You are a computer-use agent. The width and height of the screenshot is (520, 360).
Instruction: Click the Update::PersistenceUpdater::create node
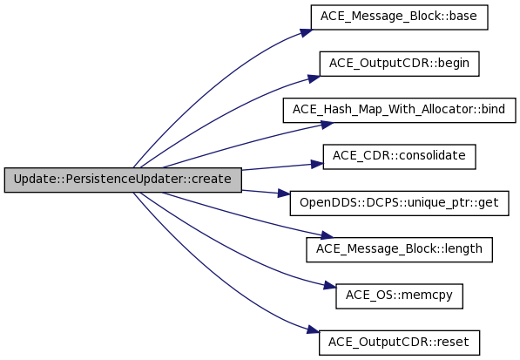123,180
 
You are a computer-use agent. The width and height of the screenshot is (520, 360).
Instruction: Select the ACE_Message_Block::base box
399,17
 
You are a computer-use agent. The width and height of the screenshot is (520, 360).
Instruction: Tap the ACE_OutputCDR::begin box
399,64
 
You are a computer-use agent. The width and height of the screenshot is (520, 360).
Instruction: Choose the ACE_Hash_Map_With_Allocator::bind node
399,110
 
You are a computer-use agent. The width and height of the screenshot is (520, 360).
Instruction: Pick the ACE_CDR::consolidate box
399,157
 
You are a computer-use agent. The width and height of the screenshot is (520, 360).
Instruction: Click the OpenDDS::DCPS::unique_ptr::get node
399,203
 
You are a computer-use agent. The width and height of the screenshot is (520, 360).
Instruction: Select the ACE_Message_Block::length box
399,249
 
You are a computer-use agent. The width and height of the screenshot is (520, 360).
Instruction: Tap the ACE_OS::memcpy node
399,296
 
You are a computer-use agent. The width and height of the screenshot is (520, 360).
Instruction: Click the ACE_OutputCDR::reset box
399,343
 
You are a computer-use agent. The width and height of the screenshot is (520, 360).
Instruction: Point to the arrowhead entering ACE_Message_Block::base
306,32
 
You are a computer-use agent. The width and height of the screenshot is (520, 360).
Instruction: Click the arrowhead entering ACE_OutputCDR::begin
314,78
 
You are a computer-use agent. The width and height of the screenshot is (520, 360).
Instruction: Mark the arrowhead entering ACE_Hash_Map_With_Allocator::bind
328,125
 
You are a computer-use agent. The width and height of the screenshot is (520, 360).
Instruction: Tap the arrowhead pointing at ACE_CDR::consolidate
317,164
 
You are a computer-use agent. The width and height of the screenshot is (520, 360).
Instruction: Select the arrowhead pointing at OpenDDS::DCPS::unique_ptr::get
284,194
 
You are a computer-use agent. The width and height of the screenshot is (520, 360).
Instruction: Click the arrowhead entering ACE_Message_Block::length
327,235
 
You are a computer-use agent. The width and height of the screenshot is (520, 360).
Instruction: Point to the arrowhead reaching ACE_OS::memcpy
330,286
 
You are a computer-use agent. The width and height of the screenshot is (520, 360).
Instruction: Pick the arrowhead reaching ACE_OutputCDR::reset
313,330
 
